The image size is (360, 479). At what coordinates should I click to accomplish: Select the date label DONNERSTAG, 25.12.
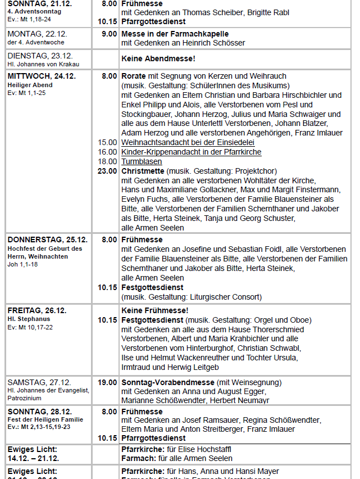coord(48,239)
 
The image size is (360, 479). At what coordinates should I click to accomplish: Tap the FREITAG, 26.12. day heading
coord(37,310)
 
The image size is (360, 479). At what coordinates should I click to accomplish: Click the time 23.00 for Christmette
coord(107,171)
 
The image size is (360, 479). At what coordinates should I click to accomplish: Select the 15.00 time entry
coord(107,142)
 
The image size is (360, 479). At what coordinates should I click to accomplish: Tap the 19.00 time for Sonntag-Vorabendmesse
coord(107,382)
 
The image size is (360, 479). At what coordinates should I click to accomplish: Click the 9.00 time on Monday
coord(110,34)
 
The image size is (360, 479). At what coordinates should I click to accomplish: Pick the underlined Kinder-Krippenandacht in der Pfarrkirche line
coord(191,152)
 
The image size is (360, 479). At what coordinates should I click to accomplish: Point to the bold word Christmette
coord(143,171)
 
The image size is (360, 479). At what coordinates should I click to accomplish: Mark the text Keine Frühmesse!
coord(155,310)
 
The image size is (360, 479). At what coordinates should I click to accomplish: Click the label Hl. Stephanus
coord(27,319)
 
